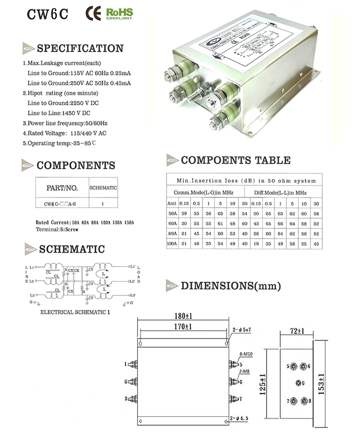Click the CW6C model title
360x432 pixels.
pos(48,15)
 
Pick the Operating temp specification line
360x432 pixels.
pos(60,143)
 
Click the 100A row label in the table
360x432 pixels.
pos(172,244)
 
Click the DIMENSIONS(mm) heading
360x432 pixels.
pos(231,285)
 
